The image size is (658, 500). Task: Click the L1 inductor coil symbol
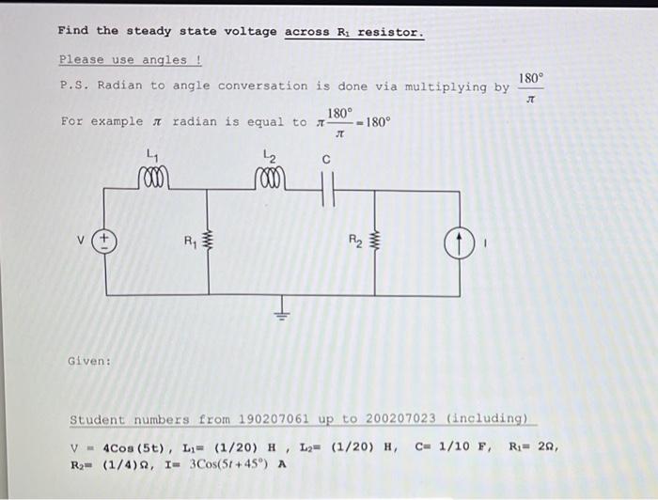tap(152, 178)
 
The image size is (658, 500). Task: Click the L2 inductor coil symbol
tap(271, 178)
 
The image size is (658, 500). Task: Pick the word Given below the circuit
tap(89, 360)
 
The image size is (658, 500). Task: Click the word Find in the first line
tap(72, 31)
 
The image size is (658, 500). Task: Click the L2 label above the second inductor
tap(270, 155)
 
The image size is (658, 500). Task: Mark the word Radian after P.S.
tap(119, 86)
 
